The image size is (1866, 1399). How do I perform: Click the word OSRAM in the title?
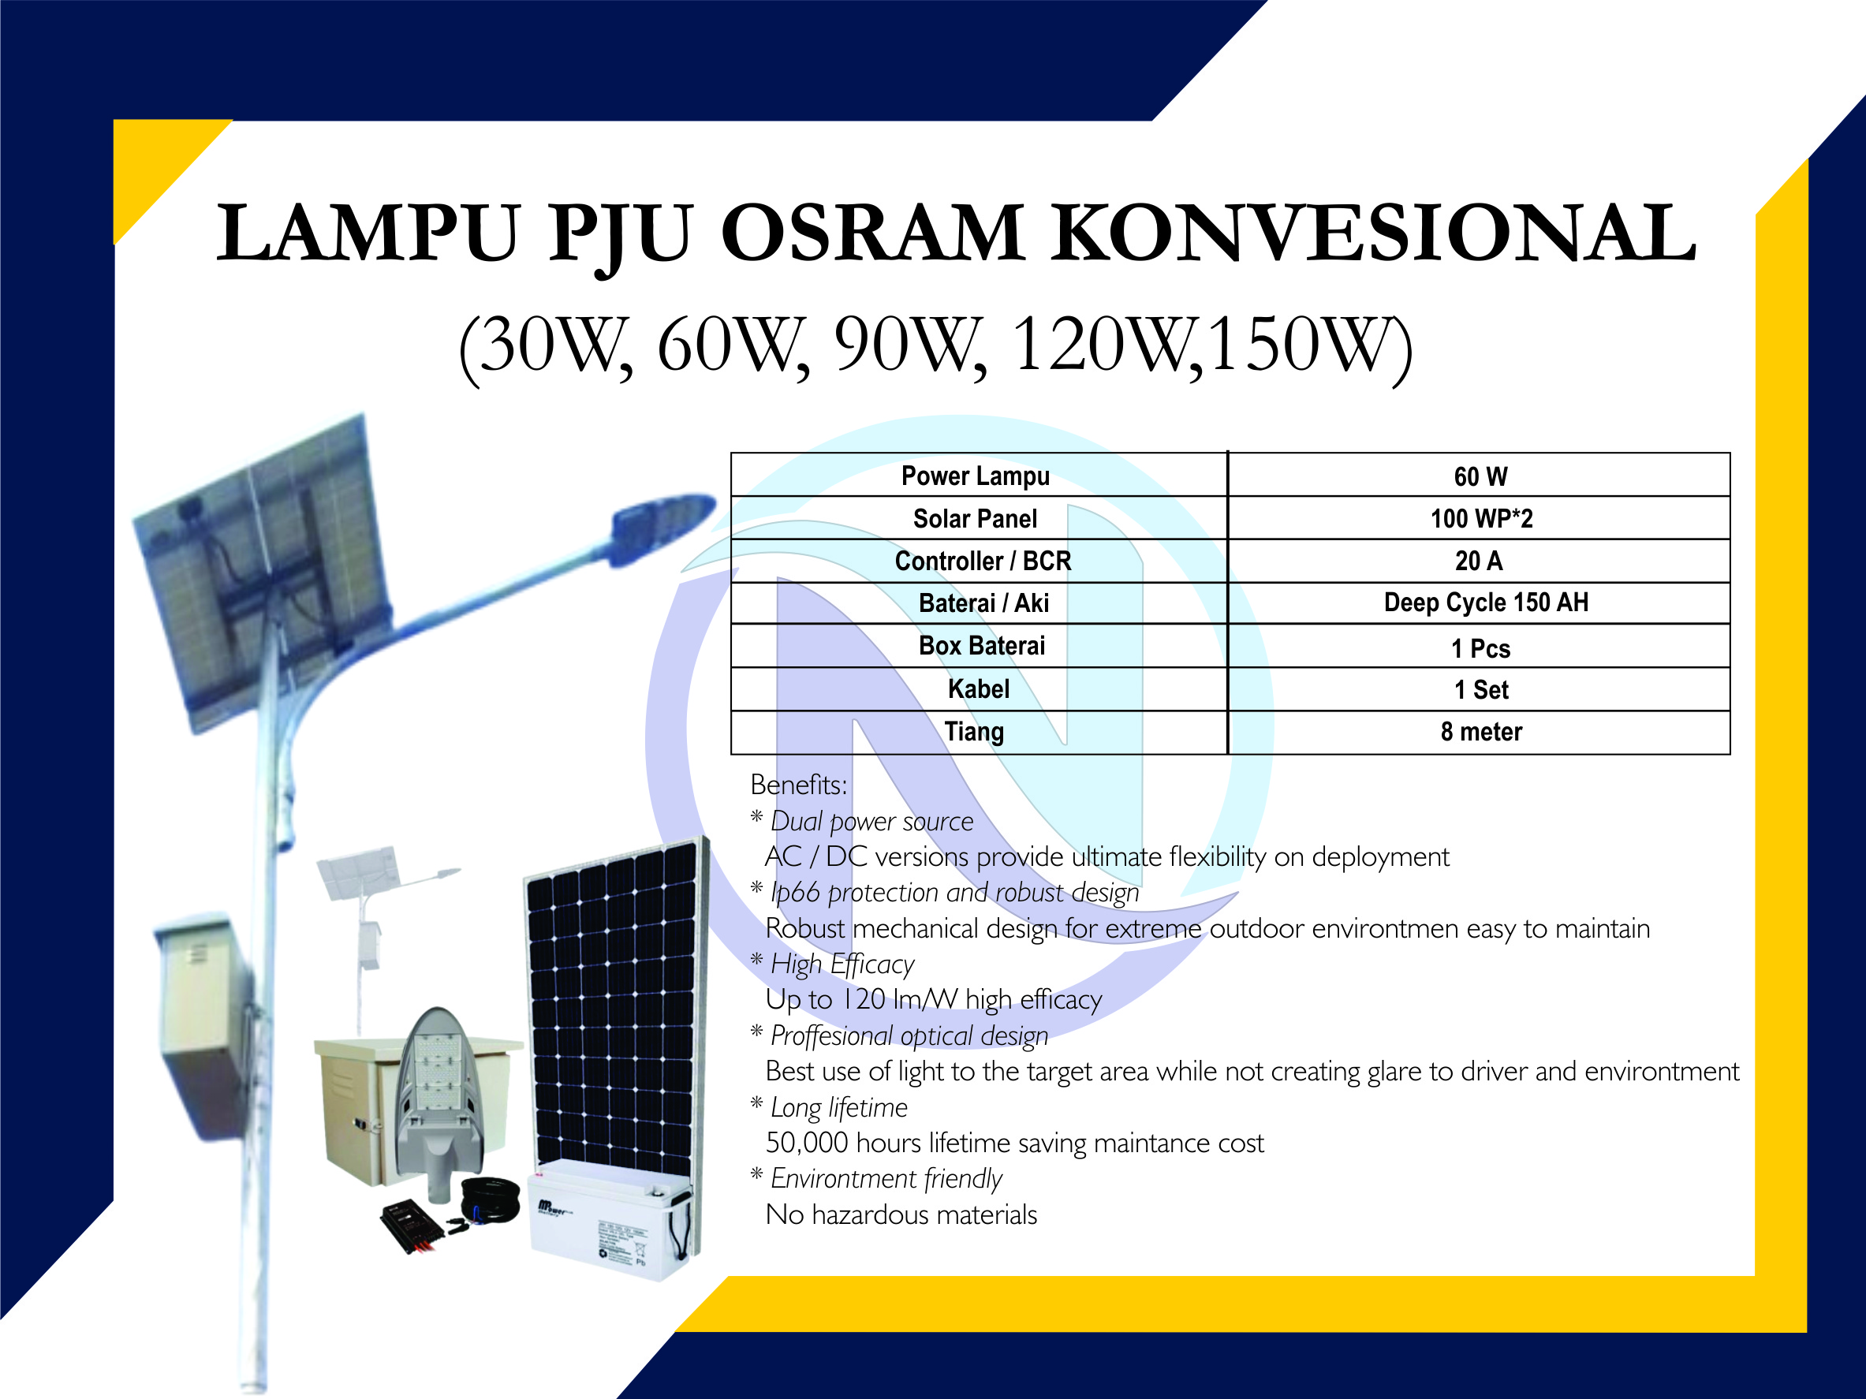(x=872, y=233)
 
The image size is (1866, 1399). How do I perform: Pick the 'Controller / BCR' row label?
(x=983, y=561)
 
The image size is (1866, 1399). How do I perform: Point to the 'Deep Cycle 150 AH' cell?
(x=1486, y=602)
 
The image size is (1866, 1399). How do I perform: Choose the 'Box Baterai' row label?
(x=982, y=646)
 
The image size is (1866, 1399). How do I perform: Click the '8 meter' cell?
(x=1481, y=731)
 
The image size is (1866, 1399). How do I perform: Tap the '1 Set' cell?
(x=1481, y=690)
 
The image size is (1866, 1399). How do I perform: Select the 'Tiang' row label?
(x=974, y=731)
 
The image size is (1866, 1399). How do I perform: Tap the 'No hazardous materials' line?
(x=901, y=1215)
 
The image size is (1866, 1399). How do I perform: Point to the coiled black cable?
(x=491, y=1197)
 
